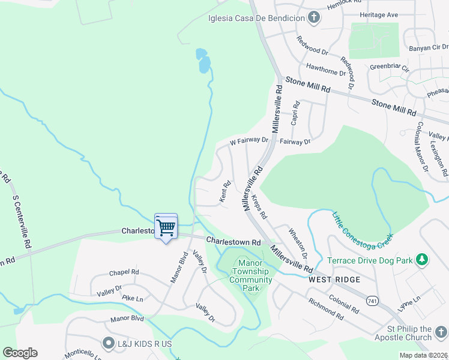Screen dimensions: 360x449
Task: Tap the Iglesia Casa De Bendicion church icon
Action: (x=313, y=17)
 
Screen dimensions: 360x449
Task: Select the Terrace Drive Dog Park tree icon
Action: (x=423, y=260)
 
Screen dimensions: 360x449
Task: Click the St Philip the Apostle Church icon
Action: (x=441, y=332)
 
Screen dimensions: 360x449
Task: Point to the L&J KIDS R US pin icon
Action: (x=108, y=343)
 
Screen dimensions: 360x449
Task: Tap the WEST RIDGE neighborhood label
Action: (x=334, y=280)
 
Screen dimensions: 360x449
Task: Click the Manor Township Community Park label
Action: (x=247, y=275)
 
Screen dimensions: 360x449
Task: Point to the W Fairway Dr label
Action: (x=249, y=142)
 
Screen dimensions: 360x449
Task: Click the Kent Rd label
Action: (x=225, y=192)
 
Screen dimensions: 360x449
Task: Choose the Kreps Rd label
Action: (x=259, y=206)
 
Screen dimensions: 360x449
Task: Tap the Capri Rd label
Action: (x=295, y=113)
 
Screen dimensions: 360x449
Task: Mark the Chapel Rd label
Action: (x=124, y=272)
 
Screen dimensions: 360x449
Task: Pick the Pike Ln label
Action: (x=132, y=298)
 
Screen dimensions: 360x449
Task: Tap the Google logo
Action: (x=20, y=353)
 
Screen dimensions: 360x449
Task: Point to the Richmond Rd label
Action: (x=325, y=309)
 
